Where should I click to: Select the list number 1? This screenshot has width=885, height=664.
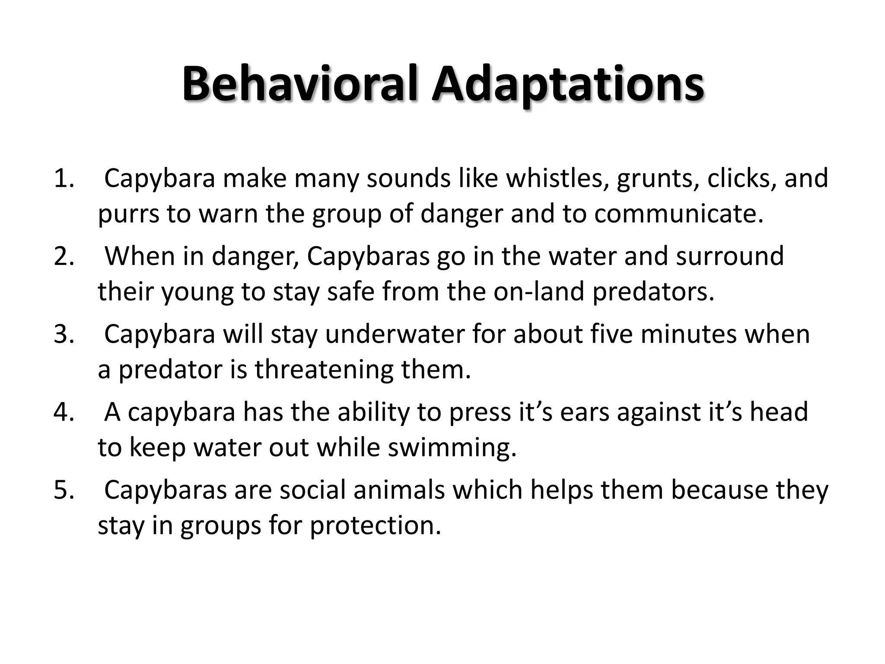(x=64, y=178)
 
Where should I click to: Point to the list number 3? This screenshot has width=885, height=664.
(x=64, y=334)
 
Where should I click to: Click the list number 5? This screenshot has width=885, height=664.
(x=64, y=490)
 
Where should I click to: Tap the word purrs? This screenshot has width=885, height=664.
(x=128, y=214)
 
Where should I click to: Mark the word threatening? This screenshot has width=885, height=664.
(x=324, y=370)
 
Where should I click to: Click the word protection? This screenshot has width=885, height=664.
(x=375, y=526)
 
